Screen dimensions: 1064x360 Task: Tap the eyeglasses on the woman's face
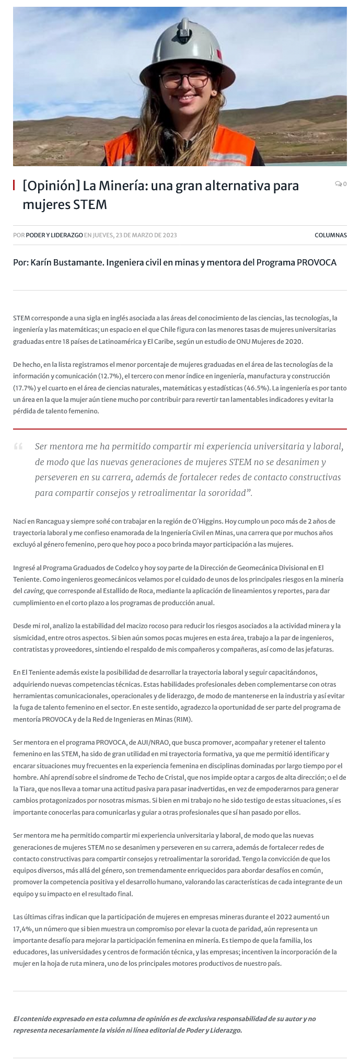point(185,80)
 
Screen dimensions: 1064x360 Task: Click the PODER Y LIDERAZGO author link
point(54,235)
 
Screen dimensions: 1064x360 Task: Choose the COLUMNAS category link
point(330,235)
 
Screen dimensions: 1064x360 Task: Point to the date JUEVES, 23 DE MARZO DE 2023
point(135,235)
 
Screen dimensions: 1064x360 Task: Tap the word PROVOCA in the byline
point(317,262)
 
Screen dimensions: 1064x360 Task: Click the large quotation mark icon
point(18,446)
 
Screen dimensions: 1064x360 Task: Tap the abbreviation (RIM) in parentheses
point(182,719)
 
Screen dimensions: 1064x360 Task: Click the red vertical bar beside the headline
point(14,185)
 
